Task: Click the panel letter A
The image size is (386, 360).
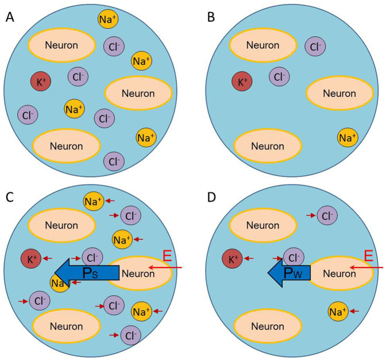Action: click(x=10, y=18)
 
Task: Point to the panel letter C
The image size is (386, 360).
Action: click(x=10, y=197)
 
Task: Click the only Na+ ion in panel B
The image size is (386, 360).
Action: click(x=346, y=138)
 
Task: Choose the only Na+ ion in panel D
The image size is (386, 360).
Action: click(x=338, y=312)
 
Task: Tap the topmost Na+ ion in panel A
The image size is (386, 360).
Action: click(x=108, y=20)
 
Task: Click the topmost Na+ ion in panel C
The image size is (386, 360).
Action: click(x=93, y=201)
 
